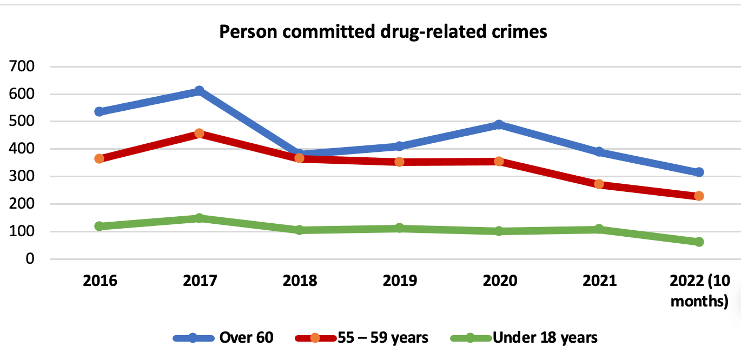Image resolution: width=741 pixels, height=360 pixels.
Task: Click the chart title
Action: [383, 32]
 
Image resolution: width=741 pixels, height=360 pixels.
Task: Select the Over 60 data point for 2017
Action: [199, 90]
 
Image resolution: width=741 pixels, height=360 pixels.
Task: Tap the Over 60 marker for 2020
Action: [499, 124]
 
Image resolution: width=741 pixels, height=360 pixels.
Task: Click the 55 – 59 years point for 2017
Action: [199, 133]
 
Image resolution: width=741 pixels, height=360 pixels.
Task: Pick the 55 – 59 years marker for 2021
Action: [599, 184]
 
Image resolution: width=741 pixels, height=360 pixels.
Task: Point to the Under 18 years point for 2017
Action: [199, 218]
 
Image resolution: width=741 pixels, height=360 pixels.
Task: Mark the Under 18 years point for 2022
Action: [699, 242]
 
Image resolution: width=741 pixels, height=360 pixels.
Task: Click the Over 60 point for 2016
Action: [99, 111]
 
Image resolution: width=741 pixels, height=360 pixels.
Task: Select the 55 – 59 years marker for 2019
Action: [399, 162]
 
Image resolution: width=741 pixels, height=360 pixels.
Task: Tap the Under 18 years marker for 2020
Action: [499, 231]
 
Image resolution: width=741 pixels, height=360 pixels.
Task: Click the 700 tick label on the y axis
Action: [23, 66]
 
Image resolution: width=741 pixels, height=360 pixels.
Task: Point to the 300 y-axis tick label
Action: [23, 177]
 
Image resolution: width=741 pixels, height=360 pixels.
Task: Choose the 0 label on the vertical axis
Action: [30, 259]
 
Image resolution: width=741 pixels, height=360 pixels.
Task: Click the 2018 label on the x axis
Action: [299, 281]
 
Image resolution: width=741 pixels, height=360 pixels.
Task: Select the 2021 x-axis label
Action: [599, 281]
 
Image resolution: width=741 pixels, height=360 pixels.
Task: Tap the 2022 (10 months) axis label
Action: [699, 291]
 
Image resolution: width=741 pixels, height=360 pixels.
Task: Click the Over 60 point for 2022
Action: [699, 172]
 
